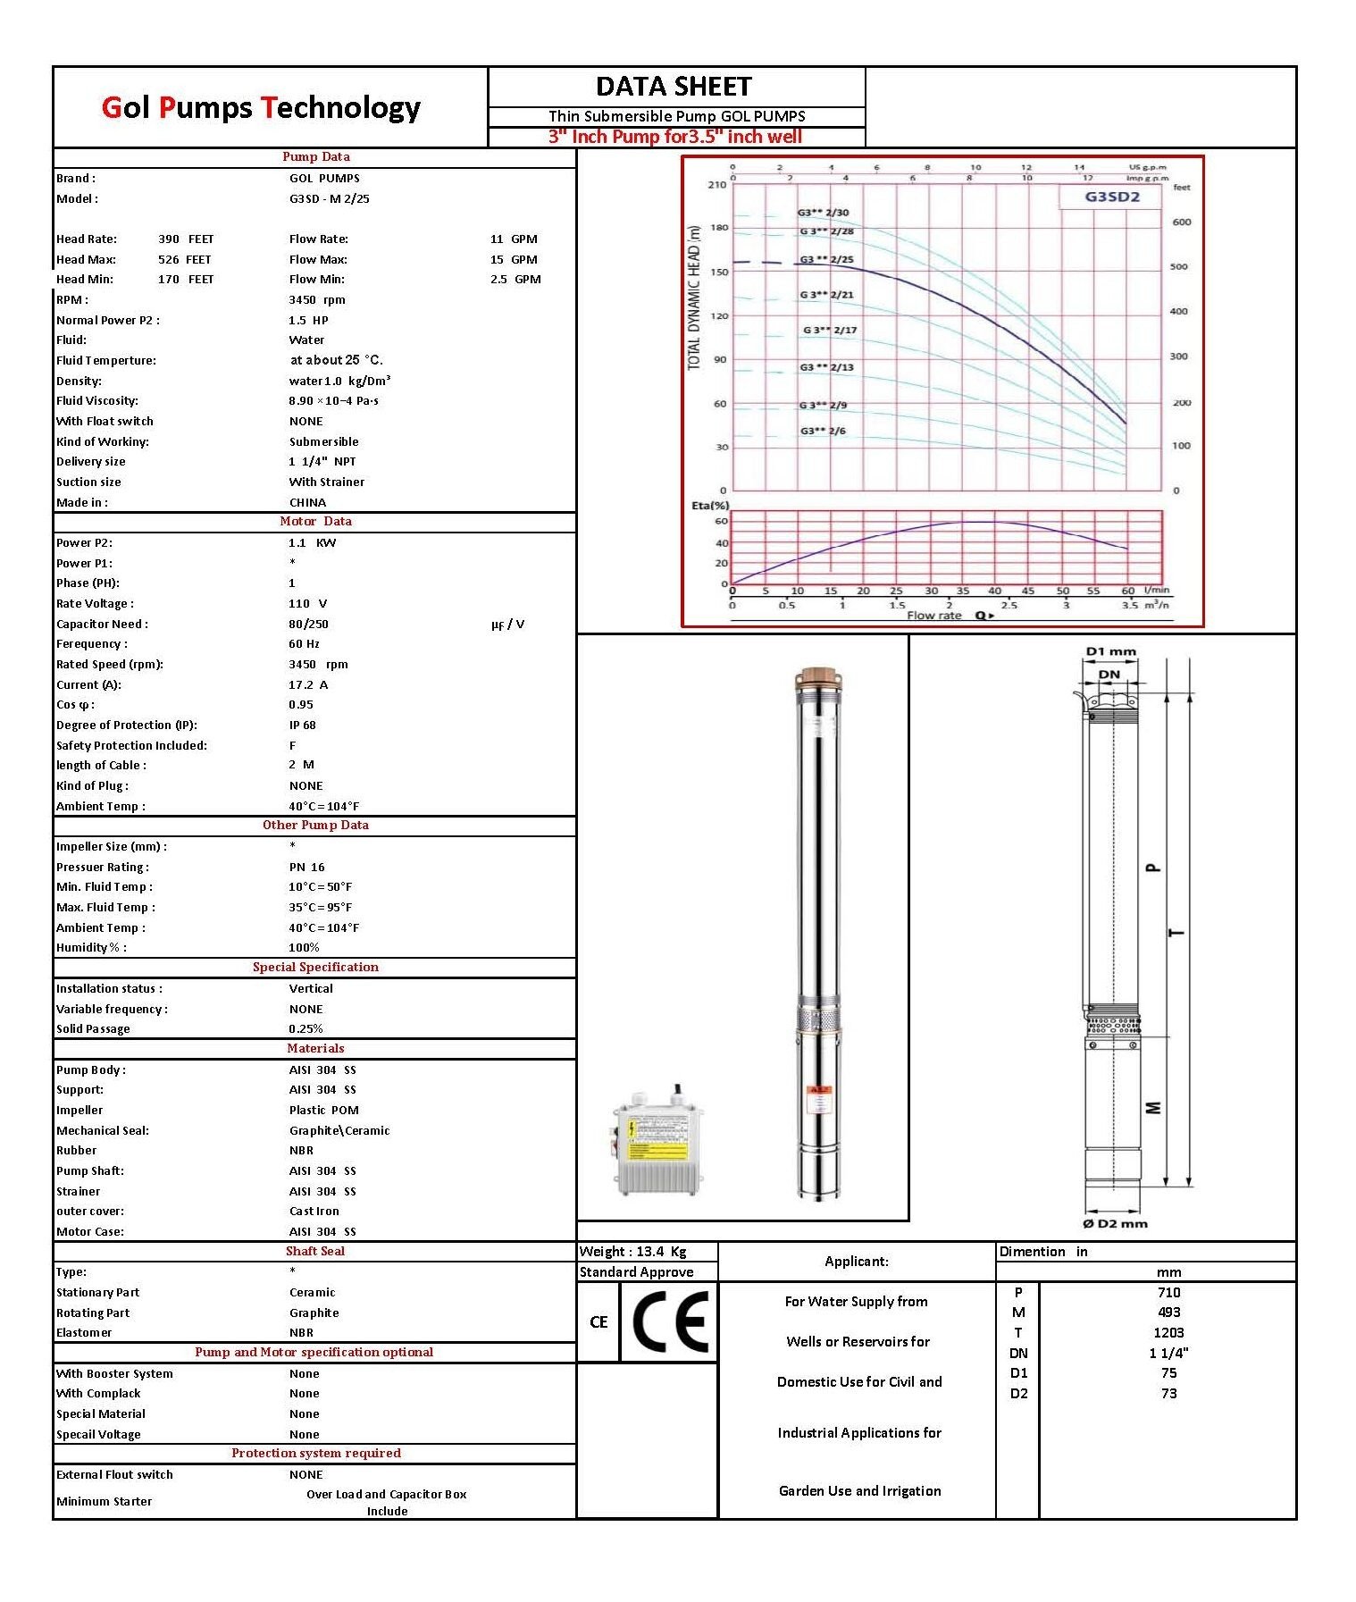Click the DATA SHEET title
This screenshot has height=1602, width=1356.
(x=674, y=87)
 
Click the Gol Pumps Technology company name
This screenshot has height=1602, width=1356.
(x=261, y=107)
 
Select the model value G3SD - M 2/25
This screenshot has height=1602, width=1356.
(x=329, y=199)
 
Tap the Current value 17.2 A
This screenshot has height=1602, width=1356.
(x=308, y=685)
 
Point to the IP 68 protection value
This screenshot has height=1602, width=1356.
(x=302, y=726)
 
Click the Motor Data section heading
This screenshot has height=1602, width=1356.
(x=315, y=522)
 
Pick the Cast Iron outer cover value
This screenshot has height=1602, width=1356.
(x=314, y=1212)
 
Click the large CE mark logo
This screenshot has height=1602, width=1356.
(x=670, y=1321)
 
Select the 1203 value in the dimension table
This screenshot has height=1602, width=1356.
(x=1168, y=1333)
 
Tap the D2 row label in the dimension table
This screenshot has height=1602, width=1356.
(x=1018, y=1394)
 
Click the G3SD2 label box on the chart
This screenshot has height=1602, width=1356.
(x=1112, y=197)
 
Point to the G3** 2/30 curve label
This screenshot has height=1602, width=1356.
(x=823, y=213)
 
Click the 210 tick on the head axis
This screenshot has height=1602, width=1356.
(x=716, y=185)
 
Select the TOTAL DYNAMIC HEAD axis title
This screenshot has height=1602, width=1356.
(x=694, y=298)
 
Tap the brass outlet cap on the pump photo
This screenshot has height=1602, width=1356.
(x=817, y=676)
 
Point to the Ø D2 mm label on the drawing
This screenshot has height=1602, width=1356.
(x=1115, y=1224)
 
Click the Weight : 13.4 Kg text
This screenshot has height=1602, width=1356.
(x=633, y=1252)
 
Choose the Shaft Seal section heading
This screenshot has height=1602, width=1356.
(x=315, y=1252)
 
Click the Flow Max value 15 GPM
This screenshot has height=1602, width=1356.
(x=514, y=260)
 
